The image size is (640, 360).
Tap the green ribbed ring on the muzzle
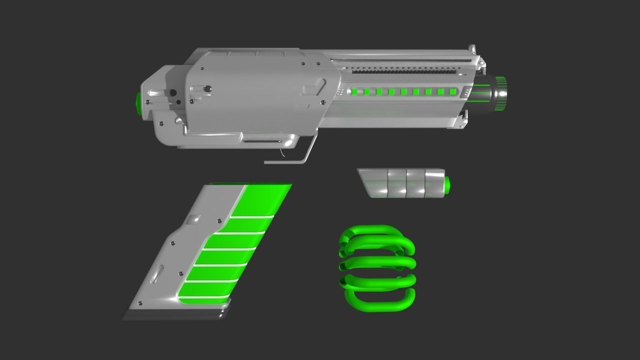(500, 93)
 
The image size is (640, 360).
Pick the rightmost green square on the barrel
(452, 91)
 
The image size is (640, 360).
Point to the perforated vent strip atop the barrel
(405, 72)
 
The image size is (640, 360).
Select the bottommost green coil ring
(380, 300)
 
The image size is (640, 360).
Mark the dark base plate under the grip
(172, 315)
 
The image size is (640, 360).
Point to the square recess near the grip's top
(194, 219)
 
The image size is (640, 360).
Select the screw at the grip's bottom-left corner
(140, 303)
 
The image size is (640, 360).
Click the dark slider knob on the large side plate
(207, 89)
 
